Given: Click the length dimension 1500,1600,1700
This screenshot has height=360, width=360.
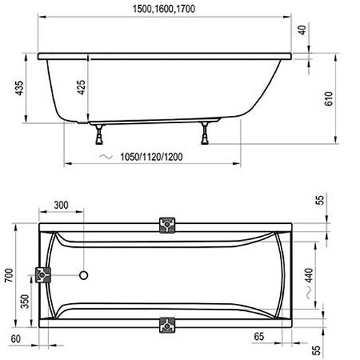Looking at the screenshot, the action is (163, 9).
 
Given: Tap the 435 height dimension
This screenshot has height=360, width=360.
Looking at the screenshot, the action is (19, 88).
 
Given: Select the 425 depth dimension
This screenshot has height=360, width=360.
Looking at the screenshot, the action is (81, 87).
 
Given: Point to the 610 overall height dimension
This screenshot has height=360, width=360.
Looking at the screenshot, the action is (328, 99).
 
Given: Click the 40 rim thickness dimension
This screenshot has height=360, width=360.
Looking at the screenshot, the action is (302, 30).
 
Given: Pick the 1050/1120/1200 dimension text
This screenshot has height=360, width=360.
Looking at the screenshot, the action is (151, 157).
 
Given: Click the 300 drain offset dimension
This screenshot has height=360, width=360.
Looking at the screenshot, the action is (61, 205).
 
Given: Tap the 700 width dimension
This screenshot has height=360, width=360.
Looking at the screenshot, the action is (9, 276).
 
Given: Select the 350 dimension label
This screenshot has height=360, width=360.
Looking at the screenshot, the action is (24, 302).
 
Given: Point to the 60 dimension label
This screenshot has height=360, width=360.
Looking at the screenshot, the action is (16, 339).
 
